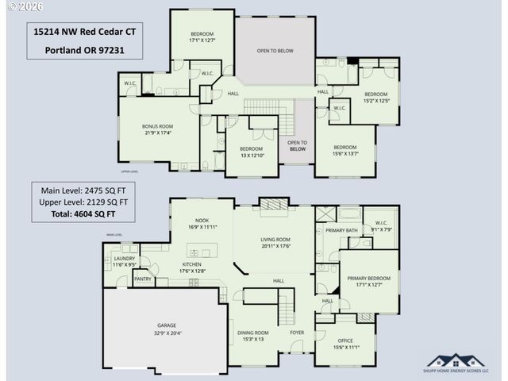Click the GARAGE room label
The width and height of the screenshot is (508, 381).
[167, 325]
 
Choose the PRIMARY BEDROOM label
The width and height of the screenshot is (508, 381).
[368, 279]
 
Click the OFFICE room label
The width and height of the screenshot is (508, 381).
[345, 341]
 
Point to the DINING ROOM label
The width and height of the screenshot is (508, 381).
[253, 333]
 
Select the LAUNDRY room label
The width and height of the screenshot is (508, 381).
[125, 258]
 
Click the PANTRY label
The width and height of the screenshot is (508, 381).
[143, 279]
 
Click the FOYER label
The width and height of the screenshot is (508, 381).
[296, 333]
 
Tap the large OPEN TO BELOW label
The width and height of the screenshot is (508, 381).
[275, 51]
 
